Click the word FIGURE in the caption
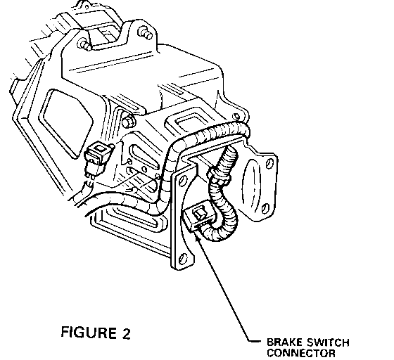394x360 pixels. coord(89,332)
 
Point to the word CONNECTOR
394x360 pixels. coord(301,353)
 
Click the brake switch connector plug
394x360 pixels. coord(199,215)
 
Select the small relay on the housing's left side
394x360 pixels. coord(98,158)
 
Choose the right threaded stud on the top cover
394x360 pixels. coord(146,33)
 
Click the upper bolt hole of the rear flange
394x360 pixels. coord(269,164)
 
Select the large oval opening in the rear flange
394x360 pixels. coord(251,184)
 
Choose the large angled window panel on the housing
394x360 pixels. coord(66,123)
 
